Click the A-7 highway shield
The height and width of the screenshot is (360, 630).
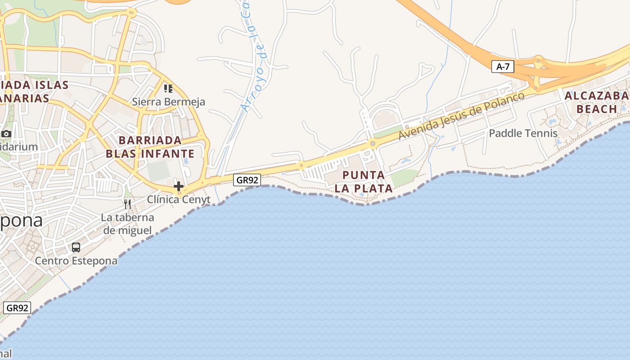503,67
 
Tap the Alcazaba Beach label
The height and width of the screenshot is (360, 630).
596,102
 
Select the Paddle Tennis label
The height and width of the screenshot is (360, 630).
523,133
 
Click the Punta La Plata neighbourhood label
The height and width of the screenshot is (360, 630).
364,181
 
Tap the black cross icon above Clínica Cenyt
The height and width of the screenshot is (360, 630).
179,186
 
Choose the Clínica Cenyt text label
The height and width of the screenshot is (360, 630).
179,199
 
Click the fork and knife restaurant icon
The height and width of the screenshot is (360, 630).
127,204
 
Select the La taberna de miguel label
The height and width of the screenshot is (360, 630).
127,224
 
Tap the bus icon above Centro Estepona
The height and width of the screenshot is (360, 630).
76,247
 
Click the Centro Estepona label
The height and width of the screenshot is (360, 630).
76,261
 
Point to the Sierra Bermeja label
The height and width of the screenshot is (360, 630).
168,102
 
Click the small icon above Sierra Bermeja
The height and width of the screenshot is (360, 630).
168,88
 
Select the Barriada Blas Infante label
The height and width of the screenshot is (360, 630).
150,147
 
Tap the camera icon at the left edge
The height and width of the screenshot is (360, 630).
6,134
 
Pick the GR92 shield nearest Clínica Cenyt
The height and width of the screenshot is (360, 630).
247,180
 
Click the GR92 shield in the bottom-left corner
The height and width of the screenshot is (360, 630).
17,308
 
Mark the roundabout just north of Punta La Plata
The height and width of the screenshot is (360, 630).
373,144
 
